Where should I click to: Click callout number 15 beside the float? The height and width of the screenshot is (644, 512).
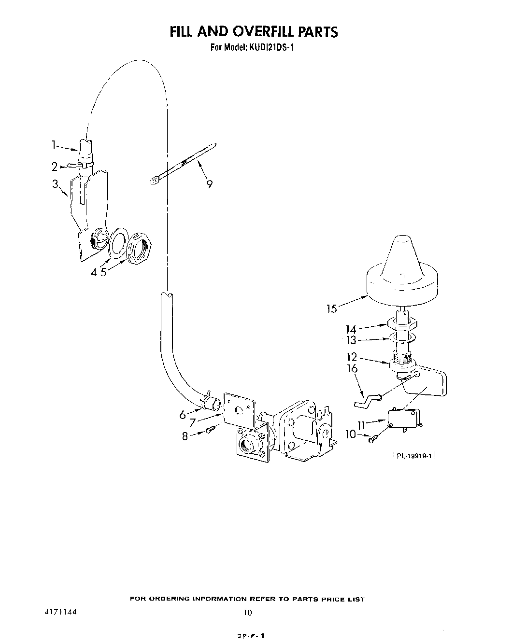[331, 308]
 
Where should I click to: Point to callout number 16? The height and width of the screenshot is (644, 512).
[352, 369]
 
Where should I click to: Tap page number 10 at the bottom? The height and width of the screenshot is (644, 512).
[247, 613]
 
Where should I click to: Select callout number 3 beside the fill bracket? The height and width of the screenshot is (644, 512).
[56, 183]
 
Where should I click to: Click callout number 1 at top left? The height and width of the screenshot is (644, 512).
[55, 144]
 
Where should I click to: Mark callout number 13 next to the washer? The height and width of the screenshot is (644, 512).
[350, 340]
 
